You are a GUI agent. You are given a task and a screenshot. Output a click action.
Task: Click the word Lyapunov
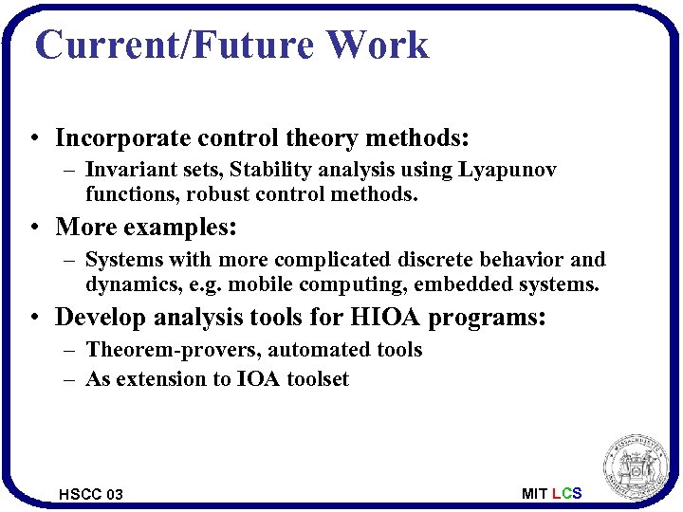coord(508,170)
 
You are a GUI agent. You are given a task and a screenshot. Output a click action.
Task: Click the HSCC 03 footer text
coord(91,494)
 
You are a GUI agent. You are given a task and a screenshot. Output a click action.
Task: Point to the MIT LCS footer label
coord(551,493)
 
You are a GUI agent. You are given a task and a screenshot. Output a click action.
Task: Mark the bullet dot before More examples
coord(33,229)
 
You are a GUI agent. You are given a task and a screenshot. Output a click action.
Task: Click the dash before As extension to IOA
coord(71,379)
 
